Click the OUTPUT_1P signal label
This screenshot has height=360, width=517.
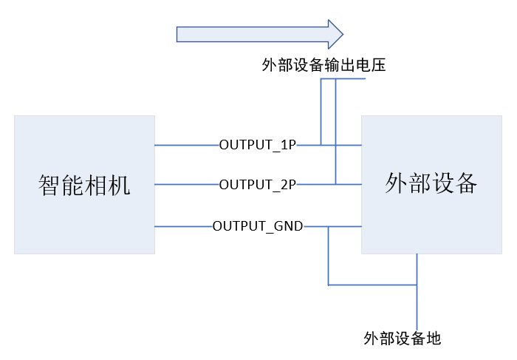258,145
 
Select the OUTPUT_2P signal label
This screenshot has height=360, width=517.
258,185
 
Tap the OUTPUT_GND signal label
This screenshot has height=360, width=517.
258,226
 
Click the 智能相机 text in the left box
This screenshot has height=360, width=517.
84,185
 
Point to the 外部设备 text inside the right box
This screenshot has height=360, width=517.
431,183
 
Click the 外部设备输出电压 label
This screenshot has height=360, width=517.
323,64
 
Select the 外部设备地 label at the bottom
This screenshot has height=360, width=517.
403,339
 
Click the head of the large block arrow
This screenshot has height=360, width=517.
335,34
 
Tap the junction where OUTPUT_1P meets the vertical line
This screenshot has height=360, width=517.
321,145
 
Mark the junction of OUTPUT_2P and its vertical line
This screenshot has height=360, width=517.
335,184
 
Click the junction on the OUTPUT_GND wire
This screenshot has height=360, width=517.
329,226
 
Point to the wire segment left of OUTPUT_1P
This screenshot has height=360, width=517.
187,145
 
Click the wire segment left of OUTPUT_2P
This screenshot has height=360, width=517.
187,184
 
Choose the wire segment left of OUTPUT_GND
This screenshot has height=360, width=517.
184,226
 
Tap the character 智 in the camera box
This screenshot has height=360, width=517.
49,185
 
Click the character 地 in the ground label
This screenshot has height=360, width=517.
434,339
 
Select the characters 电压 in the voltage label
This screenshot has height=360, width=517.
371,64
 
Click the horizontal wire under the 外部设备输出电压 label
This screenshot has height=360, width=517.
343,78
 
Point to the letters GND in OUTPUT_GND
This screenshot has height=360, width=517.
289,226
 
